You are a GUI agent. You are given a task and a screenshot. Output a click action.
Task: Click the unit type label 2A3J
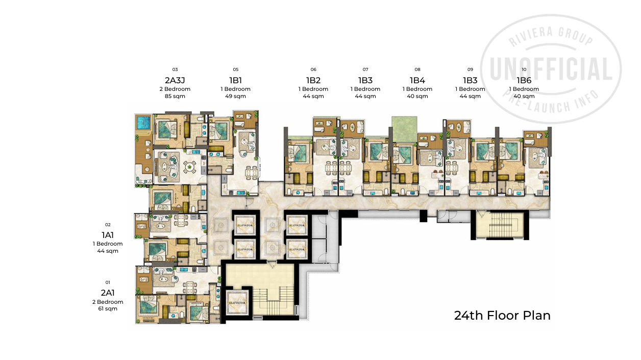tap(175, 80)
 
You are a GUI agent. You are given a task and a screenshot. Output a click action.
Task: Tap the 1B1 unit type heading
tap(235, 80)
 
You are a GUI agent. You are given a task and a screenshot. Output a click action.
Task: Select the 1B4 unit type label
tap(417, 80)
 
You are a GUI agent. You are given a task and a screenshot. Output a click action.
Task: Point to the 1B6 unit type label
tap(524, 80)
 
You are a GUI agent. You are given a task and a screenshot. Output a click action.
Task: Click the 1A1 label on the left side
tap(108, 235)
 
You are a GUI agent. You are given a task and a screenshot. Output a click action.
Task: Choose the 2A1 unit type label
tap(108, 293)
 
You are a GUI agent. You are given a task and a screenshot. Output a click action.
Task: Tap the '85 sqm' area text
tap(175, 96)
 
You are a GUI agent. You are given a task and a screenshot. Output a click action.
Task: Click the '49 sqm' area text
tap(235, 96)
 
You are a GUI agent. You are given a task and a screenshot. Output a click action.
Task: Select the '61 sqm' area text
tap(108, 308)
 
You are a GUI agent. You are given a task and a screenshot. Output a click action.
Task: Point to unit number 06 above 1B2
tap(313, 69)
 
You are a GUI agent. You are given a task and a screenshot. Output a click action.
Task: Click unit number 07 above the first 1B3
tap(365, 69)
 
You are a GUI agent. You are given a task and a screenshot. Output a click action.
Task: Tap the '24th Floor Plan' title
tap(502, 315)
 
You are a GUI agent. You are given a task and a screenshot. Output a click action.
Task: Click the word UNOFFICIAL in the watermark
tap(551, 69)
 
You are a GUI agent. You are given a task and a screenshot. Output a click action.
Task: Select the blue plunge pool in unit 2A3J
tap(143, 123)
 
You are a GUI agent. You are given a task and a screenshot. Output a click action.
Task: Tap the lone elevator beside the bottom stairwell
tap(238, 302)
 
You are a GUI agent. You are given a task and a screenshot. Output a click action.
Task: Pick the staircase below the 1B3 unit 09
tap(498, 225)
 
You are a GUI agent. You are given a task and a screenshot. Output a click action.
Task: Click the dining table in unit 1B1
tap(251, 172)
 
